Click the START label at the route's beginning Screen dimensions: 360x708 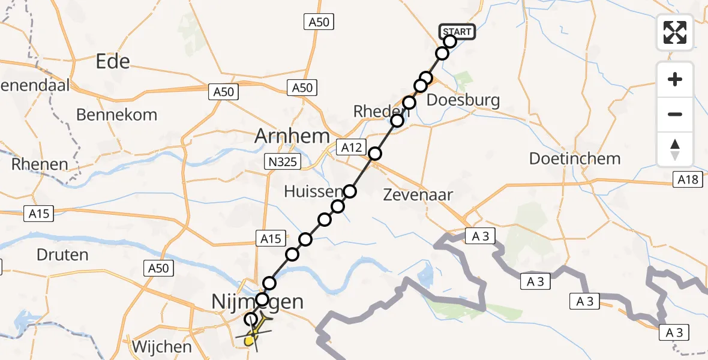[458, 31]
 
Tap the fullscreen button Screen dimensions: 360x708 [675, 32]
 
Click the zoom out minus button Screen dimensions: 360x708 [675, 114]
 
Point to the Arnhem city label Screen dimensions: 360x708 [292, 136]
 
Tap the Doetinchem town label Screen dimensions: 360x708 [574, 159]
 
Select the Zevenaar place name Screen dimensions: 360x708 [416, 194]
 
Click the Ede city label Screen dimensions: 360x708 [113, 61]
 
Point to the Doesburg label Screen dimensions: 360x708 [463, 100]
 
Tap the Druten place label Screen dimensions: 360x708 [62, 254]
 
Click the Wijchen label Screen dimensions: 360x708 [162, 347]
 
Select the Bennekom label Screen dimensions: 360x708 [117, 114]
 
